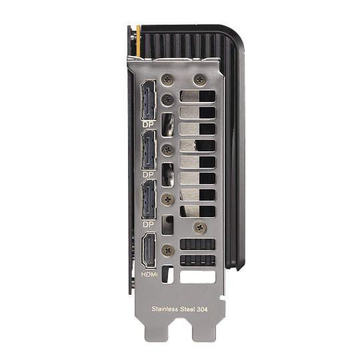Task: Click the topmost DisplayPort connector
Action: tap(149, 100)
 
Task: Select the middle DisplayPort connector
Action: tap(149, 150)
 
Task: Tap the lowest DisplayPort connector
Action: tap(149, 199)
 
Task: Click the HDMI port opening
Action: tap(149, 250)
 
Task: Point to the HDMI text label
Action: tap(149, 274)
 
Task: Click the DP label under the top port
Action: tap(148, 125)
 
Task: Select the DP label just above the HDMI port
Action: tap(148, 224)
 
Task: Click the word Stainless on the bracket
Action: tap(165, 309)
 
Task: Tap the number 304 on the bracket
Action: tap(202, 309)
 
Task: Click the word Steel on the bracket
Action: tap(187, 309)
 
